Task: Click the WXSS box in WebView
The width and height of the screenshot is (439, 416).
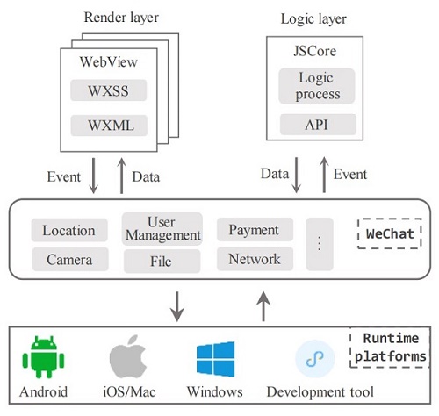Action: point(108,90)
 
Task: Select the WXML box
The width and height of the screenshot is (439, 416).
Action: point(109,126)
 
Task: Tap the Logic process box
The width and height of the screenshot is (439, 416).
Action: point(317,86)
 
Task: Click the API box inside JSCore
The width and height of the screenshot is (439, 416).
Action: point(318,125)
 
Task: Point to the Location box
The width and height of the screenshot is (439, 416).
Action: point(69,230)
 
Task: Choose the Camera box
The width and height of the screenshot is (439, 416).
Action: point(70,259)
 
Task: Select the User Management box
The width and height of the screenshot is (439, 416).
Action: point(162,229)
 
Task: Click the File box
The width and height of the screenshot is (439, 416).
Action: point(162,262)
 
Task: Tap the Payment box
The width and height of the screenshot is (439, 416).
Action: point(255,229)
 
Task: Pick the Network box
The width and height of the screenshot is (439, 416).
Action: point(255,259)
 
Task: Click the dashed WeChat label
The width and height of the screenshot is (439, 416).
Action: point(390,233)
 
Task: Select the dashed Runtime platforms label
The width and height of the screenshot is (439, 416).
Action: point(390,348)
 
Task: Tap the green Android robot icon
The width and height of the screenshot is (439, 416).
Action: point(43,356)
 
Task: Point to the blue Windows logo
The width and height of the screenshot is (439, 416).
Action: point(216,359)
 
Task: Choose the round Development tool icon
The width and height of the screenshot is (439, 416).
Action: point(314,359)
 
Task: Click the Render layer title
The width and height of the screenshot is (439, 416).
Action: point(121,18)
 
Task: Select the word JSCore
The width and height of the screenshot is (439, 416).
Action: point(315,51)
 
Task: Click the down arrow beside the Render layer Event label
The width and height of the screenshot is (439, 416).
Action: point(93,176)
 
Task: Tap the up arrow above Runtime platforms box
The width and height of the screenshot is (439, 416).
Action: point(263,306)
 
